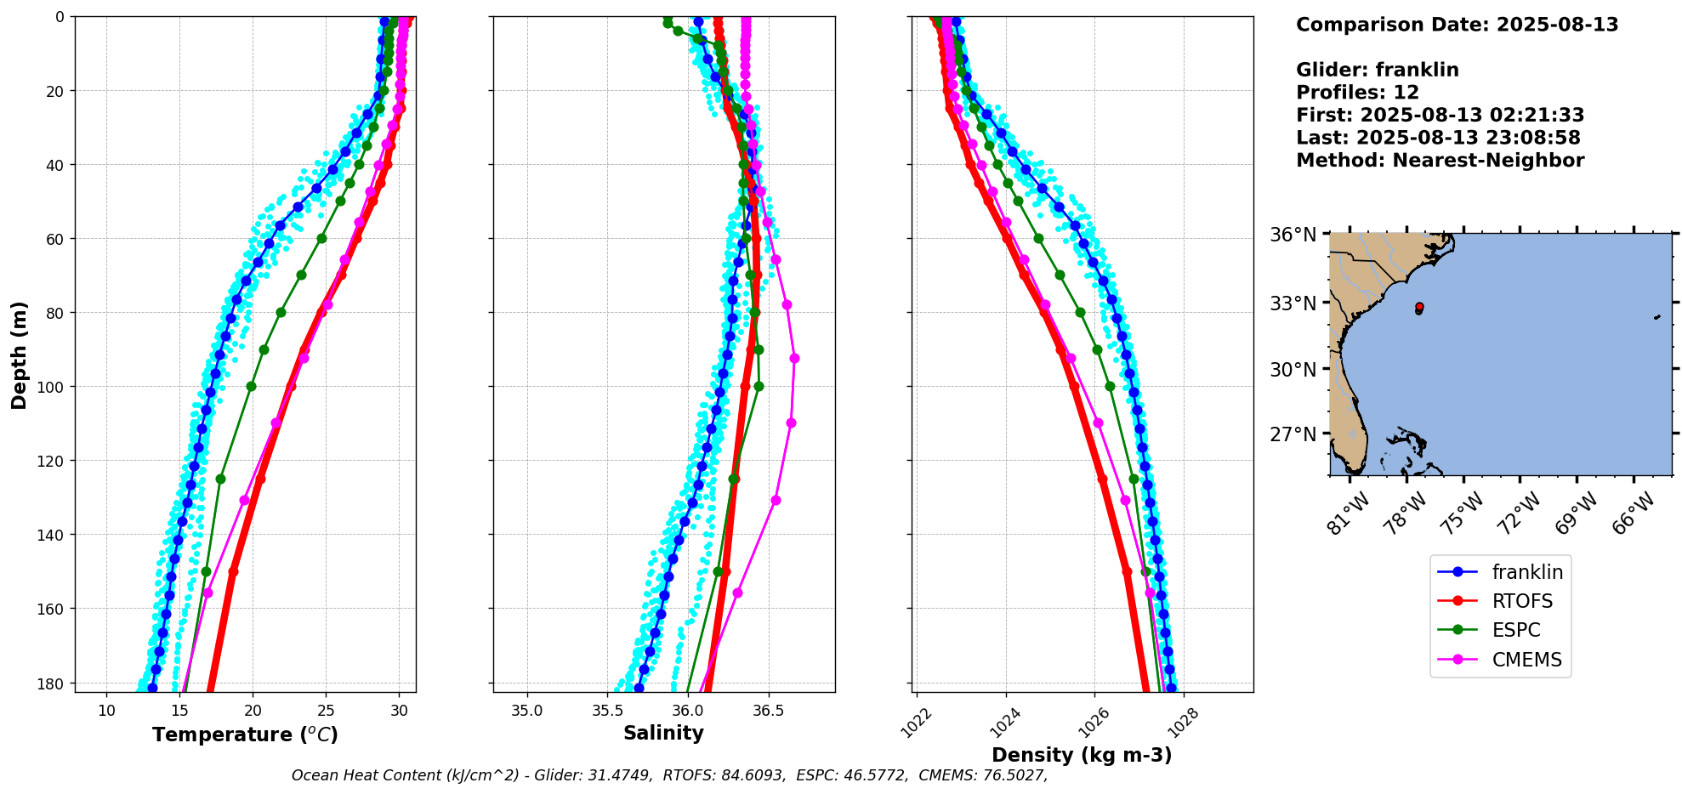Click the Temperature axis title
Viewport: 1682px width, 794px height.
point(245,734)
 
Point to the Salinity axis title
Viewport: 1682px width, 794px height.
point(663,733)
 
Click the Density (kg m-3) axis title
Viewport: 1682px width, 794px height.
point(1082,755)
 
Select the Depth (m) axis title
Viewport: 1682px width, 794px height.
point(19,354)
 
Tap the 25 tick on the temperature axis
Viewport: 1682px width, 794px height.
point(326,710)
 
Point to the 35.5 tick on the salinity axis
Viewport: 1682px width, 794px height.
point(607,710)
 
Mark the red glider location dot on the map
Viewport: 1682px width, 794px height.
point(1419,306)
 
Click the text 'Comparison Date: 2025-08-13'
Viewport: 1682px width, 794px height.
point(1457,25)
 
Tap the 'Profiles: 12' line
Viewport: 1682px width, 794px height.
point(1357,93)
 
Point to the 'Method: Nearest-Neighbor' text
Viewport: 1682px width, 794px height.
point(1440,161)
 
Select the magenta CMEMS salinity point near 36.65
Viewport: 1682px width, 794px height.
point(794,359)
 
